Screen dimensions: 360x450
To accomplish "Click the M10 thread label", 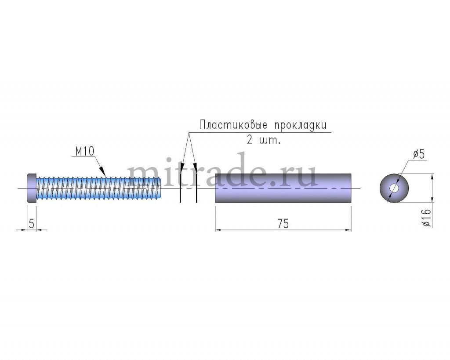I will [84, 152].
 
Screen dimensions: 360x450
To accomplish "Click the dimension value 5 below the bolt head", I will [31, 224].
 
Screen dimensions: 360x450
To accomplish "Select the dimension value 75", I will [283, 223].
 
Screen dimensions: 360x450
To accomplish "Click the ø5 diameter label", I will [418, 154].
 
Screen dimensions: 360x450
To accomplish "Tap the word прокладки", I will [300, 125].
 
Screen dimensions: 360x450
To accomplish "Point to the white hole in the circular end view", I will [394, 188].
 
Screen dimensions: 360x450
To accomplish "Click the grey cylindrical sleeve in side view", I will [283, 188].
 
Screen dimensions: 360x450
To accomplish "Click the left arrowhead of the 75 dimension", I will [218, 229].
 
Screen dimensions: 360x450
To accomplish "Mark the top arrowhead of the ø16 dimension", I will [433, 177].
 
